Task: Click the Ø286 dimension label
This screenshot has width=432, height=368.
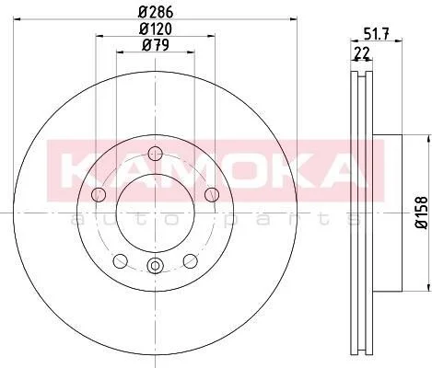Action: click(x=156, y=12)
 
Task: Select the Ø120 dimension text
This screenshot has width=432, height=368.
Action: click(x=156, y=29)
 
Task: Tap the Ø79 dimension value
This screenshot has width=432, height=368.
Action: click(x=156, y=46)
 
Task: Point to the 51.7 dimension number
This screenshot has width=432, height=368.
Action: click(x=377, y=33)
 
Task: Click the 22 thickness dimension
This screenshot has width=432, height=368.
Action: click(x=362, y=53)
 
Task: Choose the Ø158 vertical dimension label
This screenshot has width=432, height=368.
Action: click(x=422, y=213)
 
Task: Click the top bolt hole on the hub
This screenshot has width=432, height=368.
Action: click(x=155, y=154)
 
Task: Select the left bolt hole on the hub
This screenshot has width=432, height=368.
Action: click(x=99, y=194)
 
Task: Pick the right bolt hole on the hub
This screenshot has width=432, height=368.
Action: click(x=212, y=194)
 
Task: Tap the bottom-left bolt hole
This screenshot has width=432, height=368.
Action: click(x=121, y=260)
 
